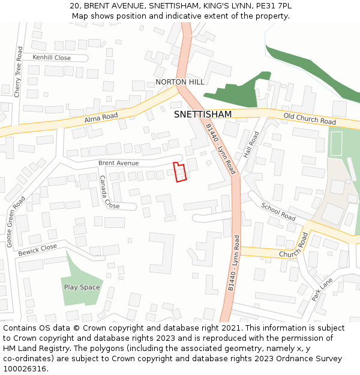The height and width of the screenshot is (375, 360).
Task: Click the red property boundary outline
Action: (179, 172)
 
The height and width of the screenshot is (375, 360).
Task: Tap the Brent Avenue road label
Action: (118, 163)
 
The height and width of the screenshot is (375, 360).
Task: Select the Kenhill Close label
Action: (52, 58)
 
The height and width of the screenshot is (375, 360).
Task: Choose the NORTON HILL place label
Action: (179, 82)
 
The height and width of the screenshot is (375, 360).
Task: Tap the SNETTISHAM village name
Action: (202, 114)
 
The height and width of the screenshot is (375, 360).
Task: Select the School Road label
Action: (278, 211)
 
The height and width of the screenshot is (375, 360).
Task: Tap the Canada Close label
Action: (109, 192)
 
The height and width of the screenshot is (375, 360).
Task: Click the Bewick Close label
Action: (37, 250)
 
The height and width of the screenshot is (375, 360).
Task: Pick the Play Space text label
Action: (82, 287)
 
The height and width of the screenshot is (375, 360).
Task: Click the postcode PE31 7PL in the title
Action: (272, 5)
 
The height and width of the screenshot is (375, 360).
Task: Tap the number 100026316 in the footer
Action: (24, 369)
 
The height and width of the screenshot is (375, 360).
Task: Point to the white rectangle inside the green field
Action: (336, 143)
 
